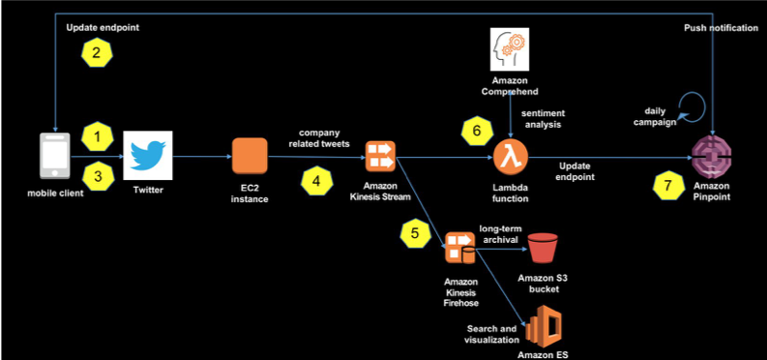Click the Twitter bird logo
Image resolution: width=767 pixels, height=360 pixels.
coord(148,155)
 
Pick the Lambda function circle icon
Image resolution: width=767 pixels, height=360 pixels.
coord(510,155)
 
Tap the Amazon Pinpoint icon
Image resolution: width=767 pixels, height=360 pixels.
coord(713,156)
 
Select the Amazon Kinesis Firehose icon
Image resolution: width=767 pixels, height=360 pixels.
coord(458,248)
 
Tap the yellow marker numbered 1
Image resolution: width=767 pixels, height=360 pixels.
coord(96,136)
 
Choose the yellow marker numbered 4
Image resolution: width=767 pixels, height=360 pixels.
coord(315,179)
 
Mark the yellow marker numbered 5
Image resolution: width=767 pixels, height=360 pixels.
coord(415,232)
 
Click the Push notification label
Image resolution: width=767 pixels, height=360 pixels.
coord(721,28)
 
